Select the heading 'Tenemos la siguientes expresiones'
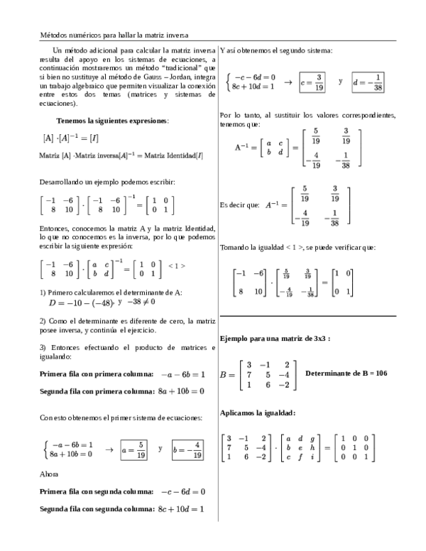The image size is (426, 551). point(112,121)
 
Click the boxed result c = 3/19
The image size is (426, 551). point(312,82)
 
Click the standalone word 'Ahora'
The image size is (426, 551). point(49,474)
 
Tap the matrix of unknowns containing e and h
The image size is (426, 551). point(302,448)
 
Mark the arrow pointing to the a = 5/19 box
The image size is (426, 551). point(109,449)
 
